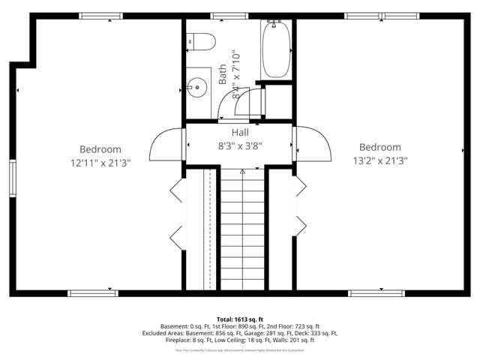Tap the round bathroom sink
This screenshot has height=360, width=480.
point(198,87)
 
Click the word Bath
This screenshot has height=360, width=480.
point(223,73)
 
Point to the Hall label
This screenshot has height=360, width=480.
point(240,132)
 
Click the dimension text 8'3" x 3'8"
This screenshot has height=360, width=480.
point(240,145)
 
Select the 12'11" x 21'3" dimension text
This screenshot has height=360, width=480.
point(100,163)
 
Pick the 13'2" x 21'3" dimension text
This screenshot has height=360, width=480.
point(379,160)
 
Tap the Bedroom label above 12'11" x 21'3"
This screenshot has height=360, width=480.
point(100,149)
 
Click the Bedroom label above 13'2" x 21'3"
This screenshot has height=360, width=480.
point(379,147)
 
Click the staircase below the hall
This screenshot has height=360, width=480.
point(241,229)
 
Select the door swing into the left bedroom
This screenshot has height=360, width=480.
point(167,144)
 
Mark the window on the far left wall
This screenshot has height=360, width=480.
point(12,178)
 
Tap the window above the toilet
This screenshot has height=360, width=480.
point(218,16)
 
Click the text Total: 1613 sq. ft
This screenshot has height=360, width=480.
point(239,319)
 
